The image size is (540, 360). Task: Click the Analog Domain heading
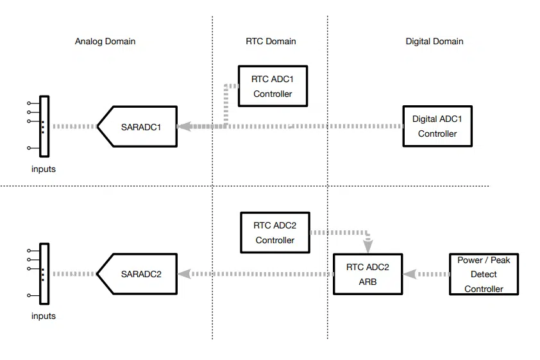click(105, 41)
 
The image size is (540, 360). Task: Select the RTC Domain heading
click(271, 41)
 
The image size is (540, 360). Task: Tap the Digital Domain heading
click(434, 41)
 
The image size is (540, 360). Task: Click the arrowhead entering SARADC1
click(184, 126)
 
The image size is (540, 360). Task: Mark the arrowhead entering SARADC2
click(184, 274)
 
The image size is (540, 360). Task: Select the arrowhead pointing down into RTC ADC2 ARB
click(368, 246)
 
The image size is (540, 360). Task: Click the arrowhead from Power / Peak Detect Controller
click(409, 274)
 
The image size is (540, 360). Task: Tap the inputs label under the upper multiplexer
click(44, 169)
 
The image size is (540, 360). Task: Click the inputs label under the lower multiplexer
click(44, 316)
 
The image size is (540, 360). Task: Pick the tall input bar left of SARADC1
click(44, 126)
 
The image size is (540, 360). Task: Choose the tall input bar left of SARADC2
click(44, 274)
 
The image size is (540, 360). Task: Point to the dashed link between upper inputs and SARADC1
click(75, 126)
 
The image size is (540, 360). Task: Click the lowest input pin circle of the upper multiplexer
click(29, 148)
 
